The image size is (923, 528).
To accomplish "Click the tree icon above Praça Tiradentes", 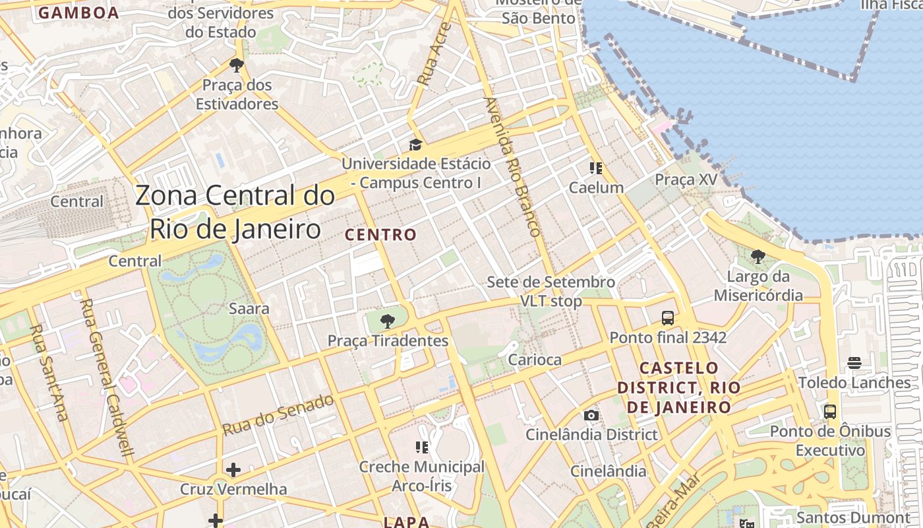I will tap(388, 321).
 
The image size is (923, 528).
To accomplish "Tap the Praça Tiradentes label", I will tap(388, 341).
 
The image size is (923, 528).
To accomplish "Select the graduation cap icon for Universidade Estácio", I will tap(415, 145).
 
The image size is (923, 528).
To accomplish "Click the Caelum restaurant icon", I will tap(596, 168).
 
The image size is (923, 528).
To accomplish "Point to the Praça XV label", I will tap(686, 180).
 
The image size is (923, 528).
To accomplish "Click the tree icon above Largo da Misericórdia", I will tap(758, 256).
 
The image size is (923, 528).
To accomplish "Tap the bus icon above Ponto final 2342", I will tap(668, 318).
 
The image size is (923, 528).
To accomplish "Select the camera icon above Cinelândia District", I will tap(591, 415).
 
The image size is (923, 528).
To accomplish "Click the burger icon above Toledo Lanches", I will tap(854, 363).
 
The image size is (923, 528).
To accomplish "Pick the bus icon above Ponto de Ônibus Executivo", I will tap(830, 412).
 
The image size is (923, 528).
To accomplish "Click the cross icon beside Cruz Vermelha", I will tap(233, 470).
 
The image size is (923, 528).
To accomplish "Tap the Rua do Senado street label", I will tap(278, 415).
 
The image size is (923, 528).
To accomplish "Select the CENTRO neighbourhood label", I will tap(380, 234).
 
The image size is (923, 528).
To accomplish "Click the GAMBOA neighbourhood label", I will tap(78, 13).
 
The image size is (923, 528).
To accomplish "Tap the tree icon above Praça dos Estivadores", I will tap(237, 65).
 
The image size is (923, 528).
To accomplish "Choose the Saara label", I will tap(249, 308).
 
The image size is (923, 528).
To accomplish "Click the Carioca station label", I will tap(535, 360).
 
